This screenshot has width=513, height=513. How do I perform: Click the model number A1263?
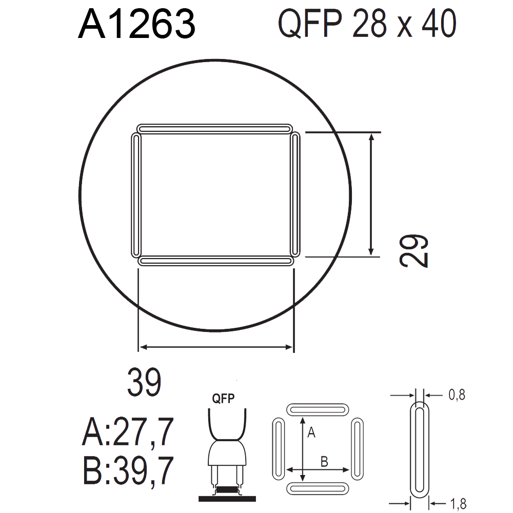click(x=137, y=24)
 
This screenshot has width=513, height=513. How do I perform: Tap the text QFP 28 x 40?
click(x=367, y=24)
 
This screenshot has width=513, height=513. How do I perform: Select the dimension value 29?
click(x=413, y=251)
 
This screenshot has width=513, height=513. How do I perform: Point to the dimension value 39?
click(x=144, y=382)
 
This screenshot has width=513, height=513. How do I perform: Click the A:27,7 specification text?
click(x=128, y=432)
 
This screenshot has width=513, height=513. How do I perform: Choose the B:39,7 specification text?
click(x=128, y=470)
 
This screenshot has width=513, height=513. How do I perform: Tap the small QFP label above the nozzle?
click(x=223, y=399)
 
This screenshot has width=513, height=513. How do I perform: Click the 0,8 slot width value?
click(x=457, y=395)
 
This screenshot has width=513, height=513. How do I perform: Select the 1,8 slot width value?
click(x=458, y=504)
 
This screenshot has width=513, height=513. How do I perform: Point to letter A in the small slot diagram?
click(x=311, y=432)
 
